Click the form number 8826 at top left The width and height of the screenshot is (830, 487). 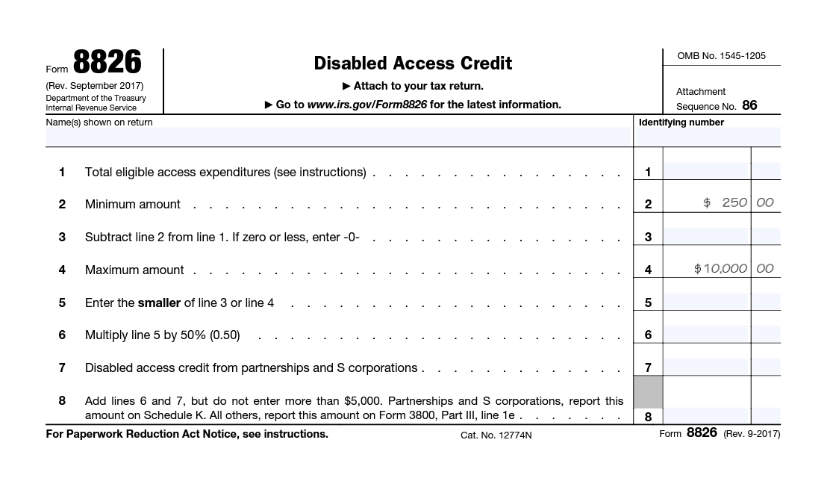pos(107,63)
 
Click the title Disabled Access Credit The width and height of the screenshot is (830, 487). pos(413,63)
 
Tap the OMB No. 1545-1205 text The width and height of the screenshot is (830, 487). pos(721,56)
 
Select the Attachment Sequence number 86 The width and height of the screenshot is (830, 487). pos(749,105)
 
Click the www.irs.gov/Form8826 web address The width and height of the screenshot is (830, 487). pos(366,105)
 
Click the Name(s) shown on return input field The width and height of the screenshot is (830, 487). pos(339,137)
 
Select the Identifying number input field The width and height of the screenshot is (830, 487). pos(707,137)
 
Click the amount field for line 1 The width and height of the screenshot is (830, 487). pos(706,171)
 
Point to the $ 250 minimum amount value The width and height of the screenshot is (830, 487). pos(726,202)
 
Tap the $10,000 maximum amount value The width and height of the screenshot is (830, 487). pos(720,268)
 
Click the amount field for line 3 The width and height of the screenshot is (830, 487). pos(706,236)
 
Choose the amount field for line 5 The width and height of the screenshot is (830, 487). pos(706,302)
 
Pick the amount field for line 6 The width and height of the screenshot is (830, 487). pos(706,334)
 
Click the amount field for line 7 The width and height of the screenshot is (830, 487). pos(706,367)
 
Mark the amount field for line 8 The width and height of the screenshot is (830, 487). pos(706,416)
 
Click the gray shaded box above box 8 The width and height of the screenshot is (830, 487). pos(648,391)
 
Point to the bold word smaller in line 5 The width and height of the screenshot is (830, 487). pos(159,303)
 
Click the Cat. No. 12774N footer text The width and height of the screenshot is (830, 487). pos(496,435)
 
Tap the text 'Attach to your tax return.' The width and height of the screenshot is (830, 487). pos(418,86)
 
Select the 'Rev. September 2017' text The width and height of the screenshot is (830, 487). pos(95,86)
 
